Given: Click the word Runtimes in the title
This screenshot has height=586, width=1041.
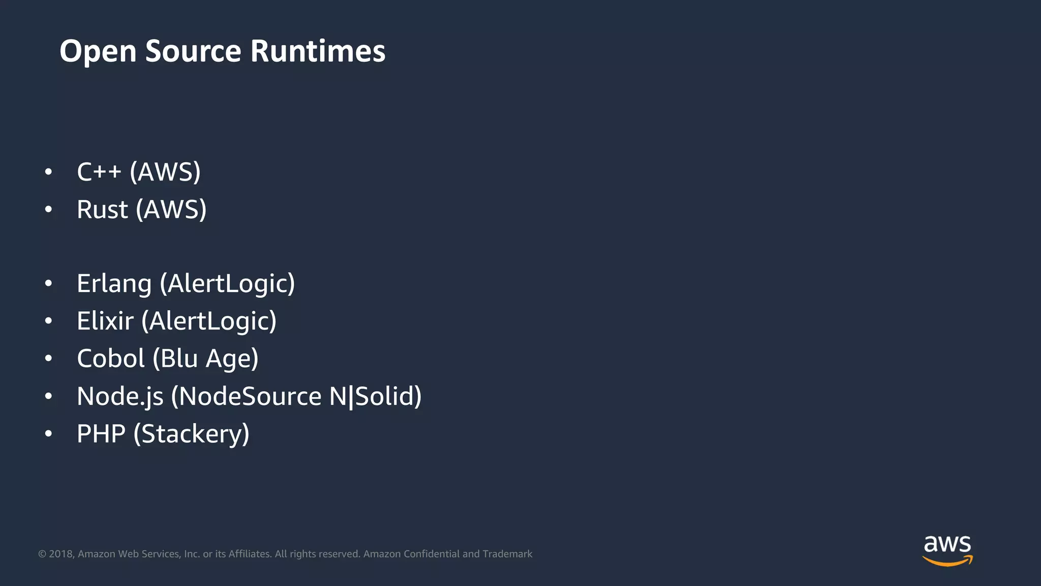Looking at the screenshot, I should (318, 51).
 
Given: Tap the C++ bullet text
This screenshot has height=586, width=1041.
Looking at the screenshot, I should (99, 172).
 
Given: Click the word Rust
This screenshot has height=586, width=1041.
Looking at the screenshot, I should (102, 210).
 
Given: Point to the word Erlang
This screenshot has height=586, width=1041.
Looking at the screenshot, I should (114, 284).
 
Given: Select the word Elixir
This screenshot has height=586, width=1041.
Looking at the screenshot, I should (105, 321).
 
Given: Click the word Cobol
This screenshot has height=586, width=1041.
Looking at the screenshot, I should (111, 359).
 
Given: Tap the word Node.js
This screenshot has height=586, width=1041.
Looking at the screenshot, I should (120, 396).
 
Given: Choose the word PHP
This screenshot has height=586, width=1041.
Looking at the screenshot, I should (101, 434).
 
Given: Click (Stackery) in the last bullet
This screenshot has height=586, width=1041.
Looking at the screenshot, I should (191, 434).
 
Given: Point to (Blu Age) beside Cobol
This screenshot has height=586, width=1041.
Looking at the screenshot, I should (205, 359).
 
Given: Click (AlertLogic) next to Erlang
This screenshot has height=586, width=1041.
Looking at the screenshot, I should (227, 284).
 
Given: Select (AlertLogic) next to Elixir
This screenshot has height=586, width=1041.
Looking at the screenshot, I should (209, 321).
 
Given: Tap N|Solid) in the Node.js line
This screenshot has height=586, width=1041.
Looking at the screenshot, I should (375, 396).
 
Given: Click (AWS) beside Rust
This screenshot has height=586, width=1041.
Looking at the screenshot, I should (171, 210).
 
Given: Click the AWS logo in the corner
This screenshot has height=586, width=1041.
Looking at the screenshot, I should (947, 550).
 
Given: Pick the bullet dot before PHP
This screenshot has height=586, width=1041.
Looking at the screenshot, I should (48, 434).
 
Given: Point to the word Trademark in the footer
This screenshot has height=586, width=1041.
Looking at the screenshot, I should (507, 554).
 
